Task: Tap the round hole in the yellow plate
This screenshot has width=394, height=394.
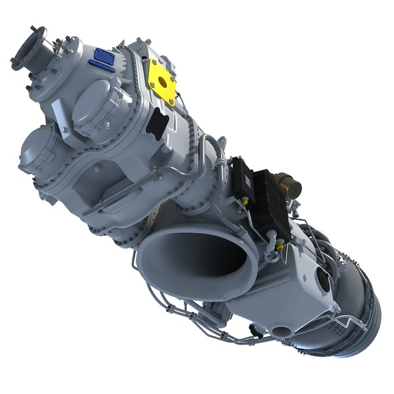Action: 164,81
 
